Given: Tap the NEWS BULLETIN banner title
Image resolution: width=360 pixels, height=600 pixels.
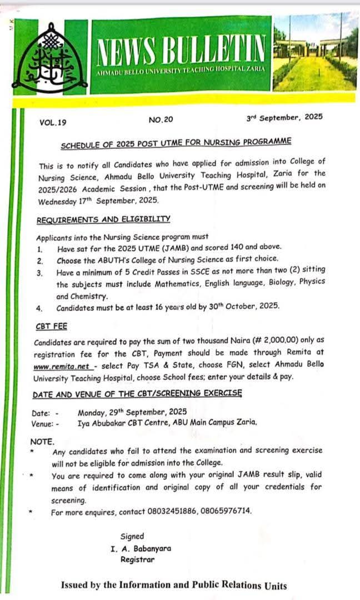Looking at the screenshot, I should pos(181,50).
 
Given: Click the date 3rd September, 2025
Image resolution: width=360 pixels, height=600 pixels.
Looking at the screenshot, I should pos(284,118).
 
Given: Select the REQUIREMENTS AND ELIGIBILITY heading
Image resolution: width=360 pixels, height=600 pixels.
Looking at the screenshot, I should pos(103,220).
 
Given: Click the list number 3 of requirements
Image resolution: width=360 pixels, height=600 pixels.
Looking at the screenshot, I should pos(39,273).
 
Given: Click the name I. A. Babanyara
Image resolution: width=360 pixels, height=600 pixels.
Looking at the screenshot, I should pos(141,548).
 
